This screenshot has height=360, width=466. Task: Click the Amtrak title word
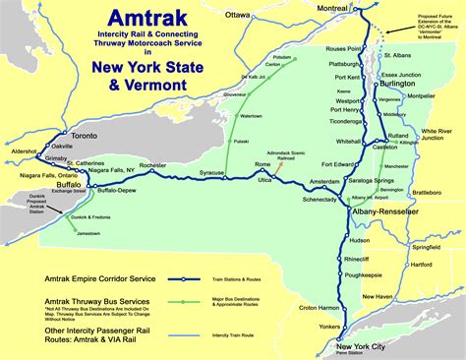[x=129, y=21]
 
